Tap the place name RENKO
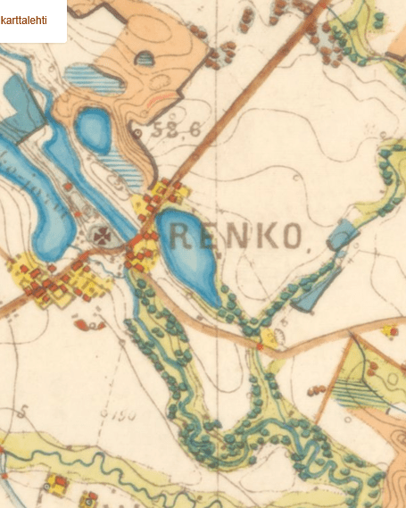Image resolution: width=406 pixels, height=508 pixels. [x=235, y=236]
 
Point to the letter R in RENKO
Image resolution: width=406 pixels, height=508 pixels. [x=178, y=236]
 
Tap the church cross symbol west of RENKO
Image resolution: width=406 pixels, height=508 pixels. [x=104, y=236]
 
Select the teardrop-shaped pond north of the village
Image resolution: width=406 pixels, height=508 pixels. [x=94, y=129]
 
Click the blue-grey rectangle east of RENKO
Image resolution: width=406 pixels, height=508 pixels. [x=342, y=235]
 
